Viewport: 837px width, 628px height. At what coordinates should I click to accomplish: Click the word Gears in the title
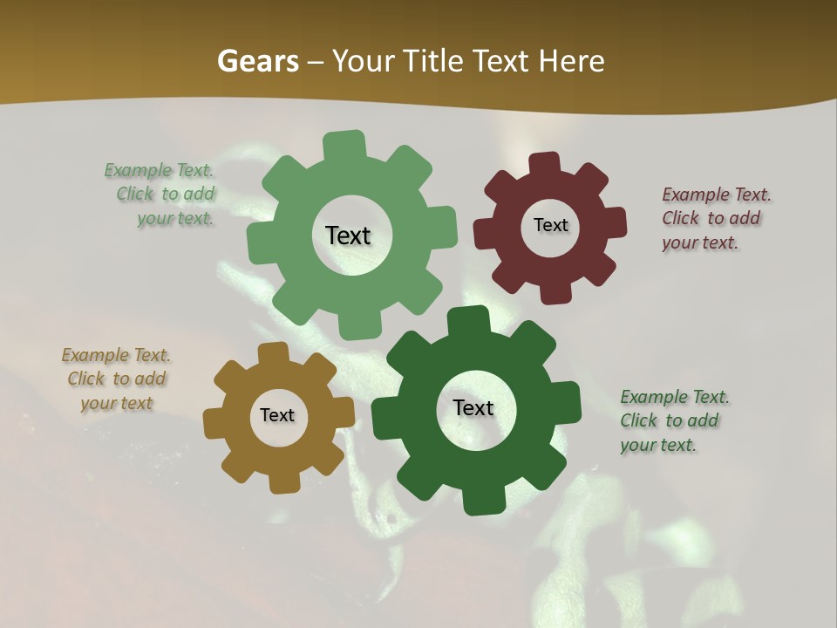[x=258, y=61]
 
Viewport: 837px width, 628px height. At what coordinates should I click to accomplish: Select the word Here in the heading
[x=571, y=61]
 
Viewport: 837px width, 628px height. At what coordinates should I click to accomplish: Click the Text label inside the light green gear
[x=348, y=235]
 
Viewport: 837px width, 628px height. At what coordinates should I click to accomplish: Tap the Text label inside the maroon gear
[x=550, y=225]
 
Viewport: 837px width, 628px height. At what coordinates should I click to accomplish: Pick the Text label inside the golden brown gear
[x=277, y=415]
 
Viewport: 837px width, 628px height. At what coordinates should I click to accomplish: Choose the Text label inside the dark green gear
[x=473, y=407]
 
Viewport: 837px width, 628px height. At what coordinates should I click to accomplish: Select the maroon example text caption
[x=715, y=218]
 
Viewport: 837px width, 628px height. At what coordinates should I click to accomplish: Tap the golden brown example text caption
[x=117, y=379]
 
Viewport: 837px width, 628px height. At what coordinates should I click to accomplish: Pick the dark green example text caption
[x=673, y=420]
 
